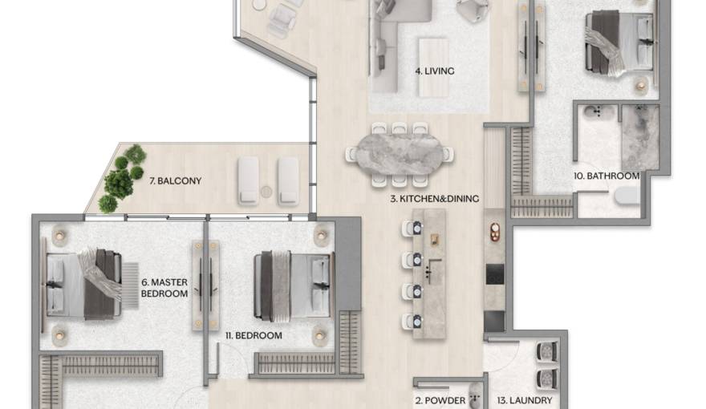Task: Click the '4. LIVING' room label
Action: click(x=434, y=71)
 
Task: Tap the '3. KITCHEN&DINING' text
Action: click(x=435, y=197)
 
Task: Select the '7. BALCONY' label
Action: click(x=175, y=181)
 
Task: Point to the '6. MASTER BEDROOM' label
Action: click(x=164, y=288)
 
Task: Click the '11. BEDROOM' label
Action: click(x=254, y=336)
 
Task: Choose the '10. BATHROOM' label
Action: click(x=606, y=176)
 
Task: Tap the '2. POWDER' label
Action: click(x=440, y=399)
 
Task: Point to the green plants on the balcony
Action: click(x=120, y=180)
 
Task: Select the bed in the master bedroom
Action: click(x=82, y=284)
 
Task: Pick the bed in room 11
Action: click(x=290, y=285)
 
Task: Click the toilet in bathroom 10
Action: click(x=627, y=195)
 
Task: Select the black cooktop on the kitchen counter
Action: click(x=495, y=273)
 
